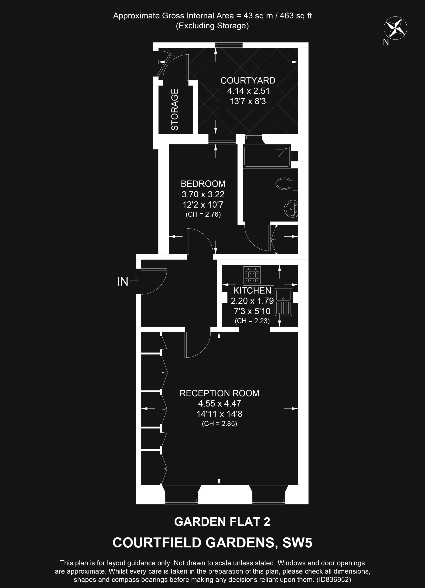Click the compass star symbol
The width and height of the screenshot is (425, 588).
(x=395, y=28)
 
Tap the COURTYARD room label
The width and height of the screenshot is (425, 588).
(x=248, y=81)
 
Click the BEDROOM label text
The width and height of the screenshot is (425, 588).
(x=203, y=184)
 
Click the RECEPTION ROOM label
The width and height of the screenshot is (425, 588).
(x=219, y=393)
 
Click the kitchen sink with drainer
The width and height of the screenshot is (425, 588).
(x=283, y=302)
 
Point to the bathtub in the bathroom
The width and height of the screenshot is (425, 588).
(x=267, y=156)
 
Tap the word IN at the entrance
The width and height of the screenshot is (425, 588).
(x=122, y=282)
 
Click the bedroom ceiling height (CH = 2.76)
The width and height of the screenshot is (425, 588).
(x=203, y=215)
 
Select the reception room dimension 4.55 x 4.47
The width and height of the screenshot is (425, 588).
(x=219, y=404)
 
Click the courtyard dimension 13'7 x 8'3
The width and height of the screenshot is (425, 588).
(x=248, y=101)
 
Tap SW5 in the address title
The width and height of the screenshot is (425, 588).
(x=297, y=543)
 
